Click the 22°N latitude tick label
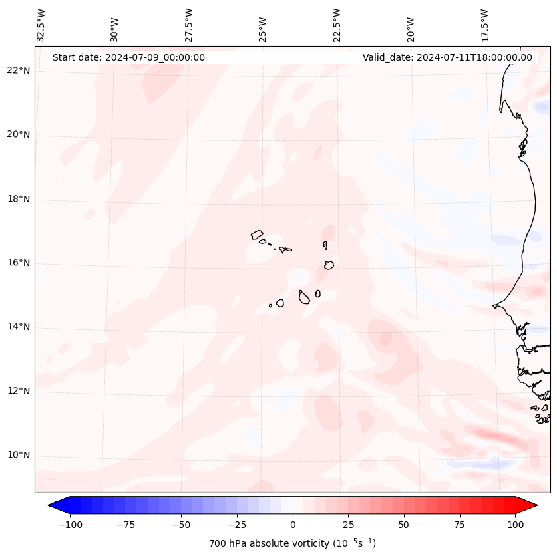click(19, 71)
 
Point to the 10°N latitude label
click(19, 456)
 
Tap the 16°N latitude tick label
click(19, 263)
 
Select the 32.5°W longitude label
click(41, 25)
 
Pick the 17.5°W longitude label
click(484, 25)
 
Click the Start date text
click(128, 57)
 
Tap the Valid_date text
click(447, 57)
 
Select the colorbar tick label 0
click(293, 525)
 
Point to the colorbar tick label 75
click(460, 525)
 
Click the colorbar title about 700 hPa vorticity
click(292, 543)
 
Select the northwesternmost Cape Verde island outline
click(257, 234)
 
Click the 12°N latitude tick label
click(19, 391)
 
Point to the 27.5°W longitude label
click(189, 25)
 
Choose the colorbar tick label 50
click(404, 525)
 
